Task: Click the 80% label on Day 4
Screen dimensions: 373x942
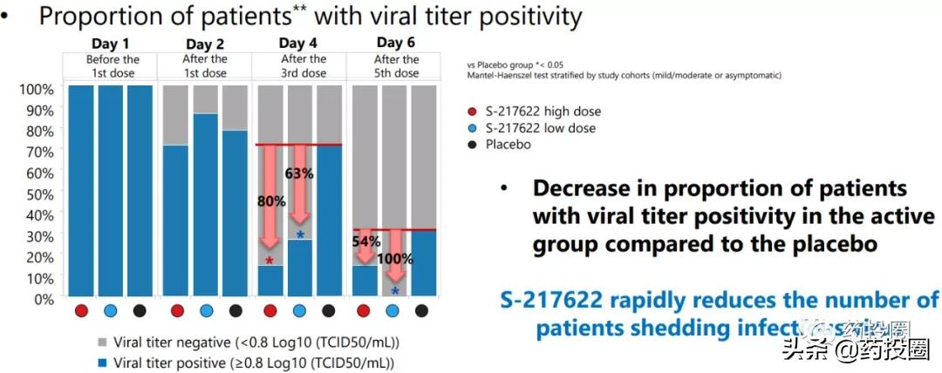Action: click(271, 201)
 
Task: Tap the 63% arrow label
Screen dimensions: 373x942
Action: click(299, 173)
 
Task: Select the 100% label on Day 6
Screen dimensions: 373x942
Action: click(394, 260)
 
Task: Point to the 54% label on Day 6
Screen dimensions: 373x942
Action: click(365, 241)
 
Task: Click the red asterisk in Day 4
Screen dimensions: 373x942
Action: click(270, 261)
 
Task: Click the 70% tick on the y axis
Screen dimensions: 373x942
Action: click(38, 152)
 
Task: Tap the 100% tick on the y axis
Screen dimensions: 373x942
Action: click(36, 89)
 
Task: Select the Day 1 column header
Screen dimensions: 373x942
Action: click(111, 43)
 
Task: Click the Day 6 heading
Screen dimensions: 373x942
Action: click(396, 43)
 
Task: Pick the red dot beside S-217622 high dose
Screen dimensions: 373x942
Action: click(472, 112)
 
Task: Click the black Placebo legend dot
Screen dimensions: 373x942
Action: click(472, 145)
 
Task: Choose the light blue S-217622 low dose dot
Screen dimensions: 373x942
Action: click(472, 128)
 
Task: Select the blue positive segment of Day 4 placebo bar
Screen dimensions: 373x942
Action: click(328, 221)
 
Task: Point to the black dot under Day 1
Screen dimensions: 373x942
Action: click(140, 310)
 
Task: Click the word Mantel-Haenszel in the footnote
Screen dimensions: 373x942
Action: click(501, 76)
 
